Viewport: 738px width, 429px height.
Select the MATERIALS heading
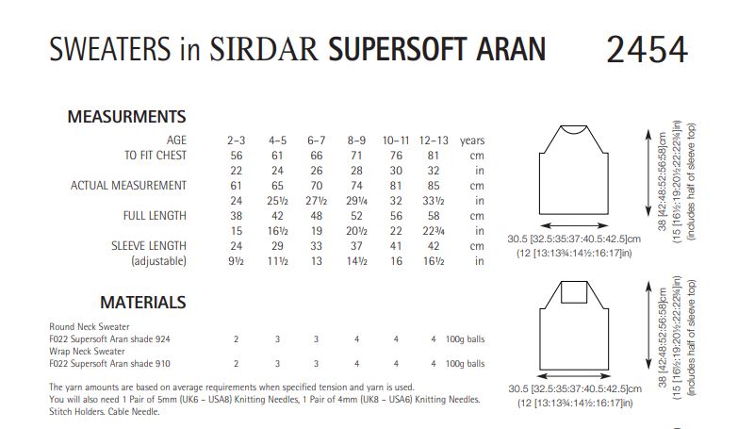[142, 303]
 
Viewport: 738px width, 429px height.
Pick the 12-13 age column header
[433, 140]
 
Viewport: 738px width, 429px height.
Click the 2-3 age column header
[236, 140]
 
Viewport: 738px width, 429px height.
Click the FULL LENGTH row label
[155, 215]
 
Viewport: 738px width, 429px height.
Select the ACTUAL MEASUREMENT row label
[128, 185]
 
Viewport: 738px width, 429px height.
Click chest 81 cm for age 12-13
[433, 155]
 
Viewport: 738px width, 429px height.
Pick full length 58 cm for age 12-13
[433, 215]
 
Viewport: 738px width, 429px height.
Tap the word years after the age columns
[472, 140]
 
